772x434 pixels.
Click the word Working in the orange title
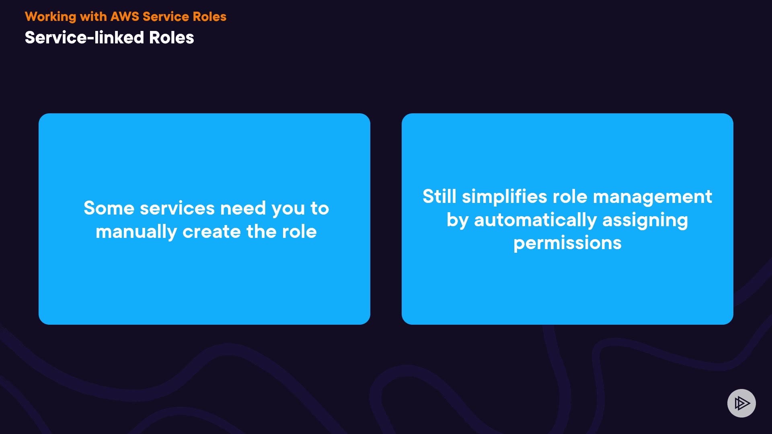51,17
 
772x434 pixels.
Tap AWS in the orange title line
125,16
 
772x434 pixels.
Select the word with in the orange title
93,16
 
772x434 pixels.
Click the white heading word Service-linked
84,37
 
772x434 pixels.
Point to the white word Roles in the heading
172,37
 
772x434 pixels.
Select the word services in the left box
177,208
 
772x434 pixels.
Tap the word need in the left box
243,208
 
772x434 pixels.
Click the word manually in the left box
136,232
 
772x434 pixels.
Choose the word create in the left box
211,232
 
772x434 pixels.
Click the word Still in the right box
439,197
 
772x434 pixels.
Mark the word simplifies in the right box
505,197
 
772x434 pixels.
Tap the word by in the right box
458,221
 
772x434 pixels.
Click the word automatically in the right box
536,221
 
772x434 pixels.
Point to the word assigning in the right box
645,221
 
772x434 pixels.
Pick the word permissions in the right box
567,244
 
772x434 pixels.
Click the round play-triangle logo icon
741,403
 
